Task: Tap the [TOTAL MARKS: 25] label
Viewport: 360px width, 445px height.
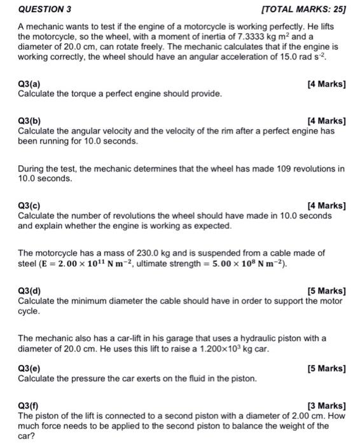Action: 299,10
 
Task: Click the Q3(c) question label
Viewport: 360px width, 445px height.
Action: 31,205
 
